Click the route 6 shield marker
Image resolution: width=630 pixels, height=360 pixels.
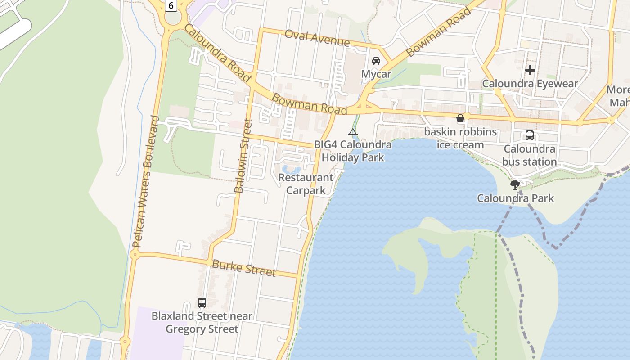tap(171, 5)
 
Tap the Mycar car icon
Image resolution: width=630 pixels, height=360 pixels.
tap(376, 61)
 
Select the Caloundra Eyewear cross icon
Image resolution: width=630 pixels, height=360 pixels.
tap(530, 70)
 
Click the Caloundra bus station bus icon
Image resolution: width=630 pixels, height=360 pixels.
tap(530, 135)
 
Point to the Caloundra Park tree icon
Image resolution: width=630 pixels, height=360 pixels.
tap(515, 184)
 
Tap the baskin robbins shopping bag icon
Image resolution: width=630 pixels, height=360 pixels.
tap(460, 119)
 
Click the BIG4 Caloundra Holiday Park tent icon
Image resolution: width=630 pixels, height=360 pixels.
tap(353, 132)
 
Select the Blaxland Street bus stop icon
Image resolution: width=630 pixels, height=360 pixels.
tap(202, 303)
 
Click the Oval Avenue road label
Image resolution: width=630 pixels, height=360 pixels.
tap(317, 38)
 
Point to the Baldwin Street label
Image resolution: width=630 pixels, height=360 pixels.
tap(243, 156)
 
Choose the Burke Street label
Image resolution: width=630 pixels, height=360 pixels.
tap(243, 268)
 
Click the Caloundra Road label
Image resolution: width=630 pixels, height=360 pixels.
tap(217, 53)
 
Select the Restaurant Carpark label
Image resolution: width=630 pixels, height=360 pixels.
tap(306, 184)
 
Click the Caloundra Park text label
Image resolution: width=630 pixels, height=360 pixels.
tap(515, 198)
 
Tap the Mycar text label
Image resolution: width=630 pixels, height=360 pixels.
tap(376, 74)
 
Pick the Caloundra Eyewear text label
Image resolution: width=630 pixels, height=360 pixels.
tap(530, 84)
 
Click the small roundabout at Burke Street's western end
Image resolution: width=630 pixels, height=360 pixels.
tap(134, 255)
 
